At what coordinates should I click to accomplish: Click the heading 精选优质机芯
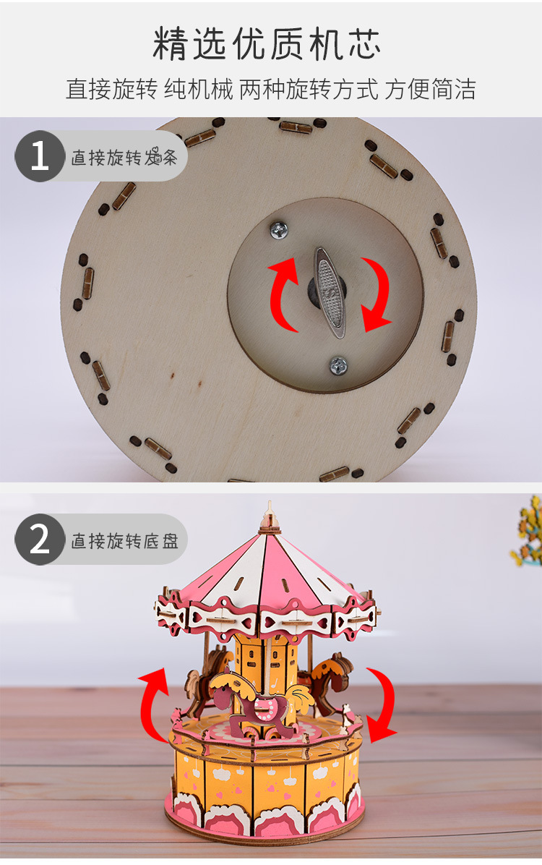[x=267, y=43]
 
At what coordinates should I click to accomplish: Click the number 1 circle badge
[x=40, y=156]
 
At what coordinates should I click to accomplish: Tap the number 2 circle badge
[x=40, y=540]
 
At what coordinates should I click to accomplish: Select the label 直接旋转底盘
[x=124, y=541]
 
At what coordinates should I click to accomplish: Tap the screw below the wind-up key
[x=338, y=366]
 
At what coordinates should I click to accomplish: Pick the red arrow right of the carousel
[x=384, y=704]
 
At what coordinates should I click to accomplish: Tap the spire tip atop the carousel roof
[x=270, y=502]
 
